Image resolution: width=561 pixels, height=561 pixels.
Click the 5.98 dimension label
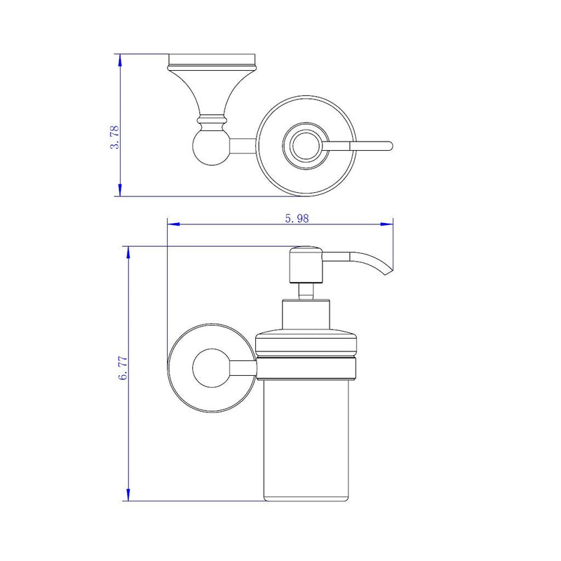coord(297,218)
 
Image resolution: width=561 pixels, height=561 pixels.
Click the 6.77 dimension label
coord(124,367)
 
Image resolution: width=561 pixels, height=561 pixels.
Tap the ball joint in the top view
coord(208,147)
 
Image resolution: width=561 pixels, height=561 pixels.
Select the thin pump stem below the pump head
coord(306,291)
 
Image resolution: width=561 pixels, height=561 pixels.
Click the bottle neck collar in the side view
coord(306,316)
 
